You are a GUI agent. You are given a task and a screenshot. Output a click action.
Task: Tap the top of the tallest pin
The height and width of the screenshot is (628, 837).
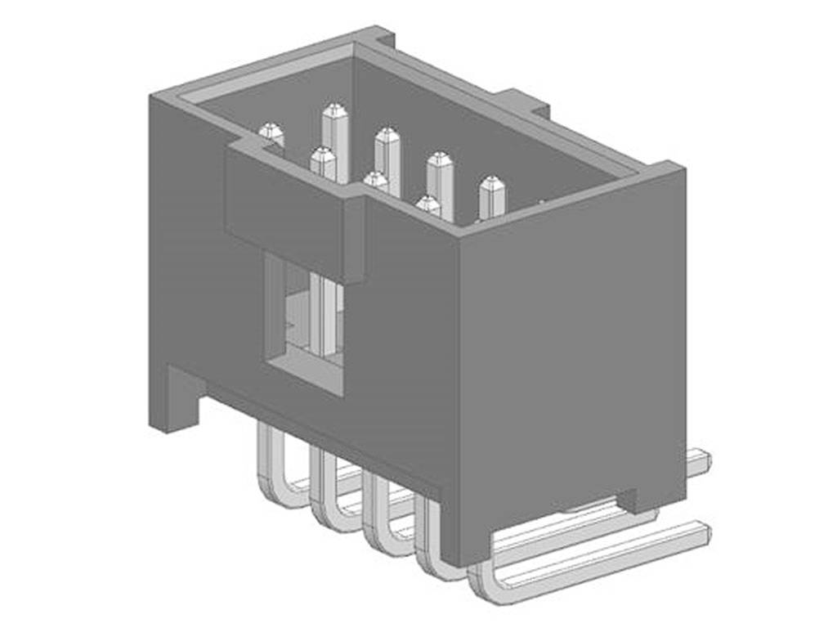(334, 112)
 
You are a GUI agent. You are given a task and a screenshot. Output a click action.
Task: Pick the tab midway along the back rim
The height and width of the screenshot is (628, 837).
(523, 101)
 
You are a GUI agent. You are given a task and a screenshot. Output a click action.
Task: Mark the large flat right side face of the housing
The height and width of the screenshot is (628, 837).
(572, 352)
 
